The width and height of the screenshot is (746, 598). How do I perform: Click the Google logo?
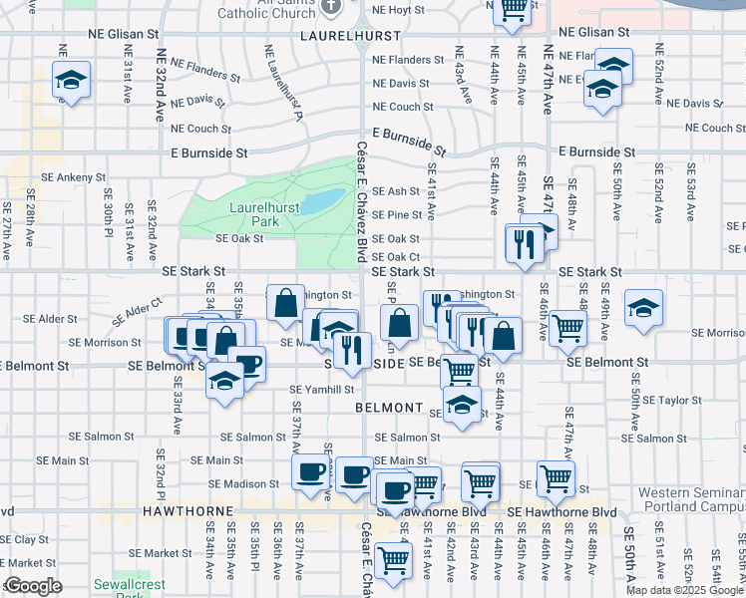[x=32, y=586]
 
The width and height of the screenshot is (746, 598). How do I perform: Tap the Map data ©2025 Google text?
[x=684, y=590]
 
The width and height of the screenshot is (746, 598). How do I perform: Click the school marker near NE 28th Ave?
[x=71, y=80]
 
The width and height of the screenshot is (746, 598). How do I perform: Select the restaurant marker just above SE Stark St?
[x=524, y=243]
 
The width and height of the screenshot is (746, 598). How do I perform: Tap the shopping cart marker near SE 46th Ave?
[x=566, y=328]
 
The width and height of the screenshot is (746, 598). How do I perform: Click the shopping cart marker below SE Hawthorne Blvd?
[x=393, y=560]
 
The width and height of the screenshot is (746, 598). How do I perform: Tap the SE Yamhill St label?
[x=322, y=390]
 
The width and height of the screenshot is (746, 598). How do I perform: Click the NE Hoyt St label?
[x=399, y=10]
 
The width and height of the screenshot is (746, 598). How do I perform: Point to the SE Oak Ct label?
[x=395, y=256]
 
